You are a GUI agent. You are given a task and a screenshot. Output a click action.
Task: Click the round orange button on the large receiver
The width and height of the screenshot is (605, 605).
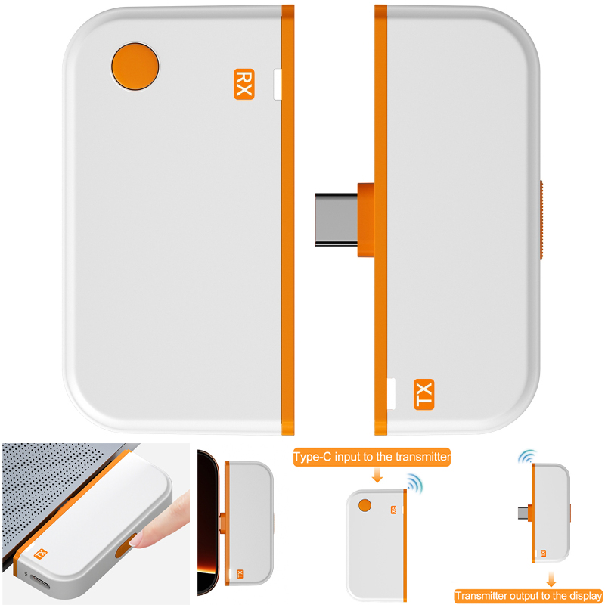(x=135, y=67)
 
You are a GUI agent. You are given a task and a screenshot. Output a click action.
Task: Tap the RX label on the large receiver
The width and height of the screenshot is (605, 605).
(x=244, y=84)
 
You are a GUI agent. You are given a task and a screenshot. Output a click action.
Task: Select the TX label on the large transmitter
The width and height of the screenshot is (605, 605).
(x=423, y=394)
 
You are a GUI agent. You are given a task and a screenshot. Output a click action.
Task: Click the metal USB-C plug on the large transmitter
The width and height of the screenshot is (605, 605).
(x=336, y=219)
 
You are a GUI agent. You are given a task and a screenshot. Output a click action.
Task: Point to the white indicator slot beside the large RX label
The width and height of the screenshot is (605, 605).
(x=278, y=84)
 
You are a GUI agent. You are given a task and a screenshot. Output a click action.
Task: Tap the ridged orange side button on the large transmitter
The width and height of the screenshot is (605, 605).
(x=541, y=219)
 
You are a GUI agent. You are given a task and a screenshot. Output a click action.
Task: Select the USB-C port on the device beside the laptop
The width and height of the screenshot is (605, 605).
(x=40, y=582)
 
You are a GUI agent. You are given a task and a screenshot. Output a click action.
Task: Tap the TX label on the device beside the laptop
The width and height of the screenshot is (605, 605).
(x=41, y=554)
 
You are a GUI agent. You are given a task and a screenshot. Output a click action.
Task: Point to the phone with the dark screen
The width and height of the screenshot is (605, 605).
(x=208, y=523)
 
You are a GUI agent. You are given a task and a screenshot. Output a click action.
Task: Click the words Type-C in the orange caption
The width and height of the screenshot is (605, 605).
(x=312, y=458)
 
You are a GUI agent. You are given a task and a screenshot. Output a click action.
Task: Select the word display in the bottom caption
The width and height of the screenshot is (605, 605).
(x=585, y=596)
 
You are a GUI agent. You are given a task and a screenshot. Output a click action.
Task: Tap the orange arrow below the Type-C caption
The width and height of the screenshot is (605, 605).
(x=377, y=475)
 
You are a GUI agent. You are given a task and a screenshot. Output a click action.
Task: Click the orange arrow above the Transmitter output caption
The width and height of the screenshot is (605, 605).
(x=551, y=579)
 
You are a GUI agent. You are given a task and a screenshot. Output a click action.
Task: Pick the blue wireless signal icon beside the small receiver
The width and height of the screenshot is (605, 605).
(x=415, y=483)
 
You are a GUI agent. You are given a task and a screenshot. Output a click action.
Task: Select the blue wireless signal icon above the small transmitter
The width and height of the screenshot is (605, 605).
(x=527, y=457)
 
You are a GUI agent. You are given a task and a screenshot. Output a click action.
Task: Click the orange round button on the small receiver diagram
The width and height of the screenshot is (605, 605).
(x=365, y=505)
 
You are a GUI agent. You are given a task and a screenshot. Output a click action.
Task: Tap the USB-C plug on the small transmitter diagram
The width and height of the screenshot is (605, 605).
(x=523, y=513)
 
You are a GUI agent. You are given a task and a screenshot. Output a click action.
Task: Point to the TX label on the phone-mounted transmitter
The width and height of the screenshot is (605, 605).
(x=240, y=574)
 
